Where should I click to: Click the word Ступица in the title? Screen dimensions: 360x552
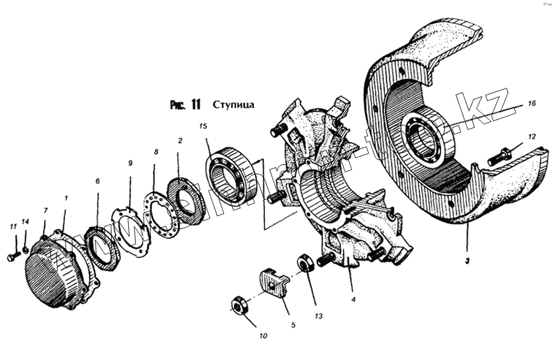click(x=233, y=104)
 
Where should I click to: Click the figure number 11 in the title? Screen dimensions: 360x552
click(x=195, y=104)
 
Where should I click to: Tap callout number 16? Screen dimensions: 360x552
click(x=531, y=104)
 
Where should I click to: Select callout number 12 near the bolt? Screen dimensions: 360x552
click(x=531, y=137)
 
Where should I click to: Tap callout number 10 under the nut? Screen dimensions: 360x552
click(x=263, y=336)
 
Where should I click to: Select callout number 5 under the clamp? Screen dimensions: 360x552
click(x=293, y=324)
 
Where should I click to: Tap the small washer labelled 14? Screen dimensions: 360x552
click(x=25, y=249)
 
